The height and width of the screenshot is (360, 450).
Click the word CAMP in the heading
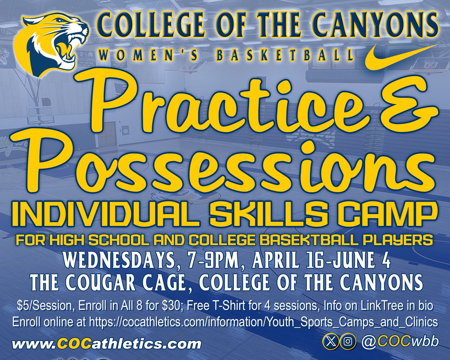coord(394,216)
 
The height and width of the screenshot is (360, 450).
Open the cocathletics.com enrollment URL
coord(258,321)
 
